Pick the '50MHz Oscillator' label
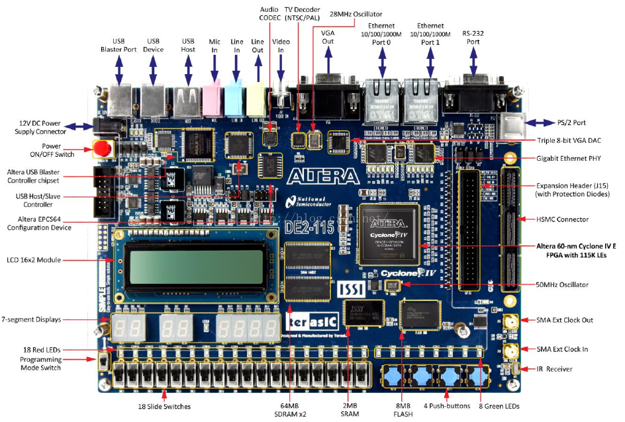point(561,285)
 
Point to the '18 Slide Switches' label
point(165,406)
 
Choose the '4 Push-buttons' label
point(445,406)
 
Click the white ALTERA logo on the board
point(324,175)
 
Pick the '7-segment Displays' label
point(31,319)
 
